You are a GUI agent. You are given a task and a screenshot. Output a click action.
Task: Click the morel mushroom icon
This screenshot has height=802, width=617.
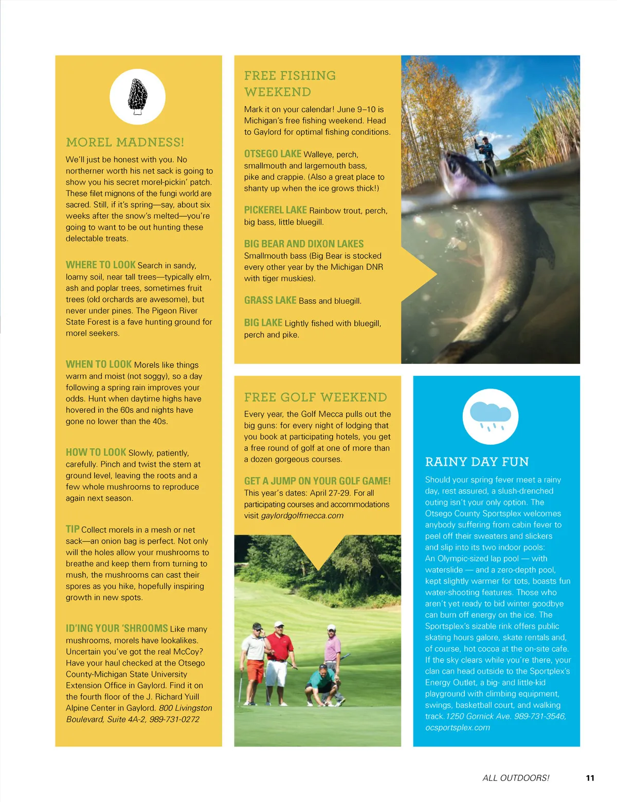[x=137, y=96]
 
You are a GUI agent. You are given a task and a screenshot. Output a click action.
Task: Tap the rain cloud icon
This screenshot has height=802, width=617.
[x=491, y=416]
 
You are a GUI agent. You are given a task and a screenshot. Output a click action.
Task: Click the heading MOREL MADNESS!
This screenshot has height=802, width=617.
[x=125, y=142]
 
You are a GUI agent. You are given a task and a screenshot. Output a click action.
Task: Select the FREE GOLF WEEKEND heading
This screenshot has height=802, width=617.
[x=315, y=397]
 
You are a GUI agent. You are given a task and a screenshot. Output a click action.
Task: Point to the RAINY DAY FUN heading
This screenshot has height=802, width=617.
[x=477, y=462]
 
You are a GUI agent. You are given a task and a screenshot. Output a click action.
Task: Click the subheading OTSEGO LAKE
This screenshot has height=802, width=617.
[x=273, y=154]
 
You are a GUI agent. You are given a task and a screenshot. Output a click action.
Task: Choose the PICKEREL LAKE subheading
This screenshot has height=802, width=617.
[x=275, y=210]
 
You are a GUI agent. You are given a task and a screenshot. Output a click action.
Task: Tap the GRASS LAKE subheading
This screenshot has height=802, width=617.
[x=270, y=300]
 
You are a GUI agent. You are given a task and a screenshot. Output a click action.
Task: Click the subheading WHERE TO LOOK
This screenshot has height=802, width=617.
[x=100, y=265]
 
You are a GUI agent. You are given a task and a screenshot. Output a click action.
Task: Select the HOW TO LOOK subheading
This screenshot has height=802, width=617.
[x=96, y=452]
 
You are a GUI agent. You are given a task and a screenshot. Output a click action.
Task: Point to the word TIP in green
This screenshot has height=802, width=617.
[x=72, y=529]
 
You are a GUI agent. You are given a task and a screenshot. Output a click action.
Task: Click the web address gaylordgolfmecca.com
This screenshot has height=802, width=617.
[x=302, y=515]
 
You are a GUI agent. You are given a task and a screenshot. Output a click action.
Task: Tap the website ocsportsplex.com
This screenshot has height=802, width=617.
[x=457, y=727]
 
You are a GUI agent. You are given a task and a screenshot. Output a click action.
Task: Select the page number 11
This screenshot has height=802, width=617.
[x=590, y=778]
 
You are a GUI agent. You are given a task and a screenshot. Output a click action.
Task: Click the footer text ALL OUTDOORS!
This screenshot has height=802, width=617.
[x=516, y=778]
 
